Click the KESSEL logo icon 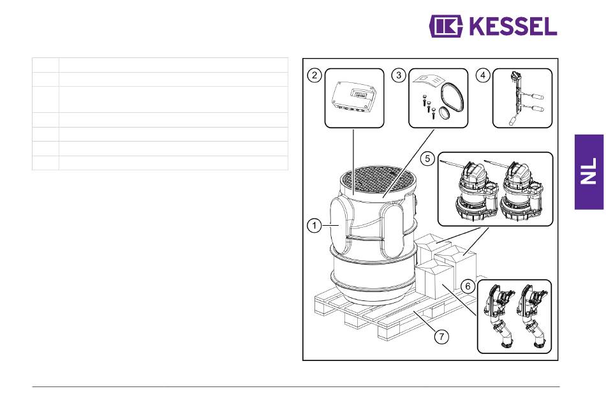pos(446,26)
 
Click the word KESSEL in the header pos(513,27)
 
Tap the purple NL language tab pos(589,172)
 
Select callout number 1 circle pos(314,225)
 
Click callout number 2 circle pos(314,75)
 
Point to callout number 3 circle pos(399,75)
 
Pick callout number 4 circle pos(483,75)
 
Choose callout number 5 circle pos(427,158)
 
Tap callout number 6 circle pos(468,286)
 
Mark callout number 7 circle pos(442,336)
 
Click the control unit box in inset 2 pos(354,99)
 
